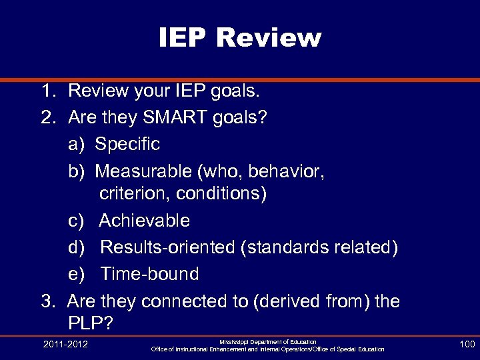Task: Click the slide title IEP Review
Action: coord(240,38)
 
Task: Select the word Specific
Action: coord(127,144)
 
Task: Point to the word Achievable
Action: coord(144,221)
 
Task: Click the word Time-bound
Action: coord(149,274)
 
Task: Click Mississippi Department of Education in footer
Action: coord(268,341)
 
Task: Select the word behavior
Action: coord(287,171)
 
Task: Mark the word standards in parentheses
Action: coord(289,247)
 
